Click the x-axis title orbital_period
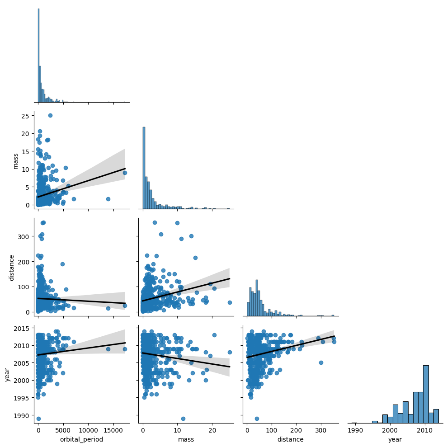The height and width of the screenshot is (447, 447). pos(82,439)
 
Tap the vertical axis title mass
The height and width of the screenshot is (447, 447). pos(16,161)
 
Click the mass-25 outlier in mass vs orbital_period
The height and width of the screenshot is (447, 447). pos(50,115)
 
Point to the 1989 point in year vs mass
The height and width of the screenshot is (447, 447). pos(183,419)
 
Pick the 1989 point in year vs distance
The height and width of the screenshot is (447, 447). pos(257,419)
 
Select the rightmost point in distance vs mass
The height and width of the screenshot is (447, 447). pos(230,302)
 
